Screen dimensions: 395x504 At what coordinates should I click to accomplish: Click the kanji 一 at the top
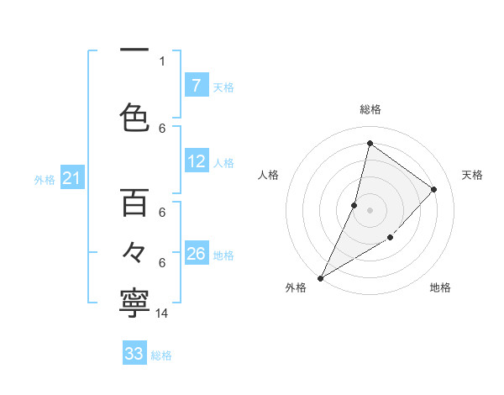[134, 50]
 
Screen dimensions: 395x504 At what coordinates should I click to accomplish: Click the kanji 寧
[134, 304]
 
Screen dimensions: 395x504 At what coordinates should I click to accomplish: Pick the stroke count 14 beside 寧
[162, 313]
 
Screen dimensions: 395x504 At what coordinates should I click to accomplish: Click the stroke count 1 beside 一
[162, 61]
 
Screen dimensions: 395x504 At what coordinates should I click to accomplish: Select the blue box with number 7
[197, 85]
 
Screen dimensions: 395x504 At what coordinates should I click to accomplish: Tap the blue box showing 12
[197, 162]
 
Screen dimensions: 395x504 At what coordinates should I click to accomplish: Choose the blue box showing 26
[197, 255]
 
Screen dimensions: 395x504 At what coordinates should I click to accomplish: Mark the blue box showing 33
[134, 354]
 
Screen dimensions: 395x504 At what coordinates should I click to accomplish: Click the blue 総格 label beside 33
[161, 355]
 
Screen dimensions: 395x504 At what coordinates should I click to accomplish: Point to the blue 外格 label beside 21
[45, 179]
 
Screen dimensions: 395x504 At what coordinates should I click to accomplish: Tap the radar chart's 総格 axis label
[370, 109]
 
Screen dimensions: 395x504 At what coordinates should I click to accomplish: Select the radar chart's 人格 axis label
[268, 175]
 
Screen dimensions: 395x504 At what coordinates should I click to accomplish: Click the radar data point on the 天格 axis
[434, 189]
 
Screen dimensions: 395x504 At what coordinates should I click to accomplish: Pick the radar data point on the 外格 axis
[320, 277]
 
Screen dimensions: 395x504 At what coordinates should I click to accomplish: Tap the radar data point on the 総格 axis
[370, 143]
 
